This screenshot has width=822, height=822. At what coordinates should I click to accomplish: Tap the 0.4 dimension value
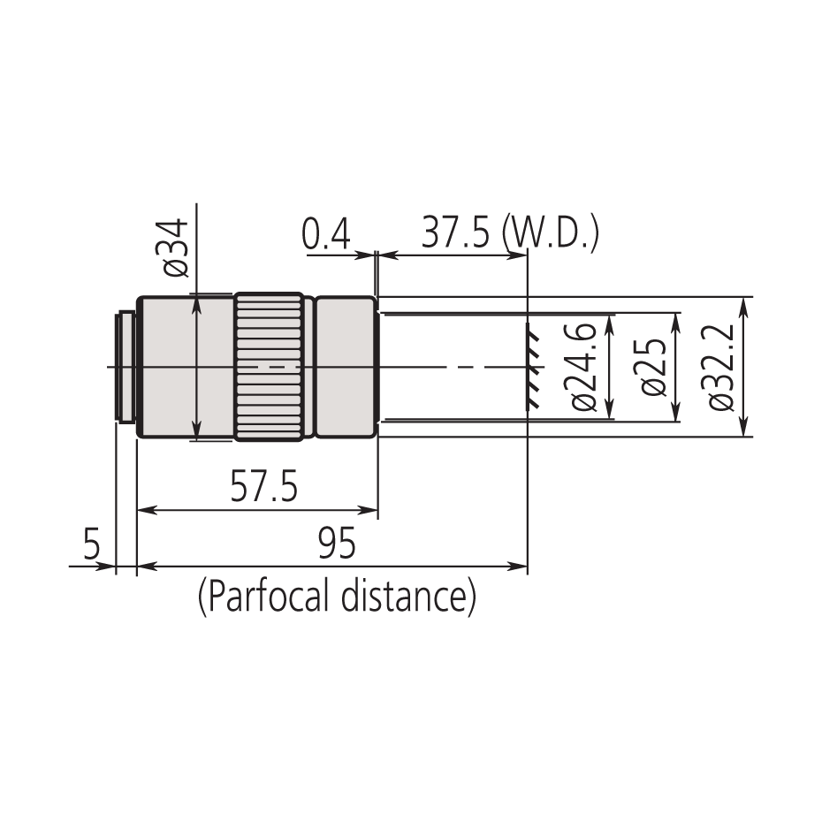click(326, 236)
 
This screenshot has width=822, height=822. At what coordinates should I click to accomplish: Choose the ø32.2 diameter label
click(721, 366)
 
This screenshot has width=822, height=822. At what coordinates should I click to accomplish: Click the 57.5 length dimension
click(263, 489)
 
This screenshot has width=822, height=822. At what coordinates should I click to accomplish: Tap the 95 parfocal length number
click(336, 544)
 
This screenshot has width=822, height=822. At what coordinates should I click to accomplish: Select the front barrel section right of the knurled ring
click(346, 366)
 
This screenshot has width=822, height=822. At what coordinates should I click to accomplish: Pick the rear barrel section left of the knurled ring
click(184, 366)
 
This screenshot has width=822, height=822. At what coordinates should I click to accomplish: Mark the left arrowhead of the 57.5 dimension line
click(145, 510)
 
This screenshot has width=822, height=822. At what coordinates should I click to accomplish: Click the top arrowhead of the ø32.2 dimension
click(742, 304)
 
